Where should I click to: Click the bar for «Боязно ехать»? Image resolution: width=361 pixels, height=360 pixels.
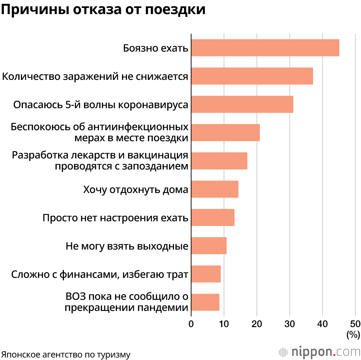point(265,48)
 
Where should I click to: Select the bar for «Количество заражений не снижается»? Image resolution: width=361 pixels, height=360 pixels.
point(252,76)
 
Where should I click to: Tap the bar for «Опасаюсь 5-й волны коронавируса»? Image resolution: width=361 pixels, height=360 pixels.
point(242,104)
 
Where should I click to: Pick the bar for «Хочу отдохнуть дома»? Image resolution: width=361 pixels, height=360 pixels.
point(214,189)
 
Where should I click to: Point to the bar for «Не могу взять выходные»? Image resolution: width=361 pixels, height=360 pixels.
point(209,246)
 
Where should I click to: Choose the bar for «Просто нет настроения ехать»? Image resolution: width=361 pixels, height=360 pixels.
point(213,217)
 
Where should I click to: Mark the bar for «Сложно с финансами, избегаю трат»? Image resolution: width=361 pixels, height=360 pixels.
point(206,274)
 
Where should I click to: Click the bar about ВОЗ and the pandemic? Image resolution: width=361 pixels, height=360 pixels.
point(205,302)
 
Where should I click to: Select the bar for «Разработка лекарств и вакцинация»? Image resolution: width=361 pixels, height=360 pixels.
point(219,161)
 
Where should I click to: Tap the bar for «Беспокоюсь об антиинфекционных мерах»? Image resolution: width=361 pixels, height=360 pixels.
point(225,132)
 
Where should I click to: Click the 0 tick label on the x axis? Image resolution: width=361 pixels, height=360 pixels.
point(191,323)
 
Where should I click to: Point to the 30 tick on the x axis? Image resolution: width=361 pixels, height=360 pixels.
point(290,323)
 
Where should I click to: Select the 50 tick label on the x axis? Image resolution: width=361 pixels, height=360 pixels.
point(355,323)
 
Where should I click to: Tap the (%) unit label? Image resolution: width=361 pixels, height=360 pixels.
point(353,335)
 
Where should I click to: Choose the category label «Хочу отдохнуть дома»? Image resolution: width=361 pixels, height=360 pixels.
point(135,189)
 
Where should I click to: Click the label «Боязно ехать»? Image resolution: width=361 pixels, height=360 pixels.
point(156,48)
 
